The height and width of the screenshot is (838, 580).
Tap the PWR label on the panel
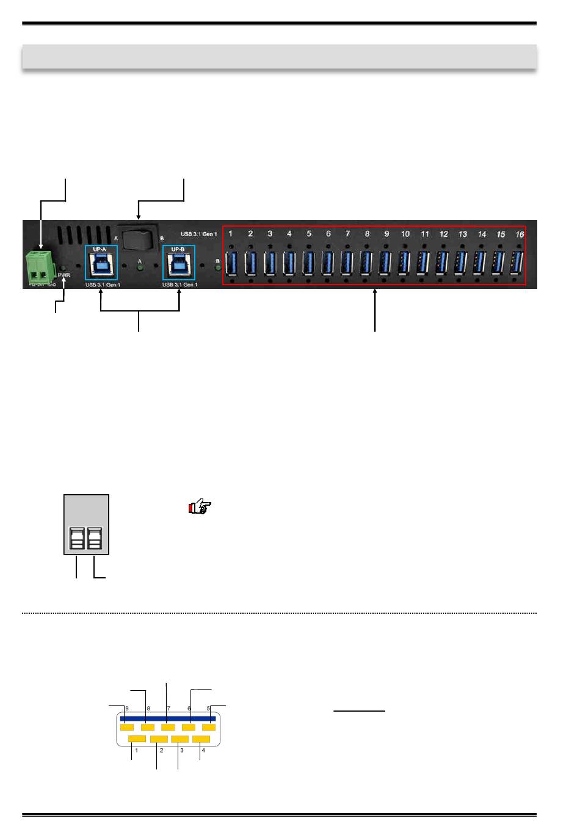(x=64, y=275)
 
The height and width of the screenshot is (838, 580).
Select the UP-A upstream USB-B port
(x=101, y=264)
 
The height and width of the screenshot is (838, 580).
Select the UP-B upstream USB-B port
(x=179, y=264)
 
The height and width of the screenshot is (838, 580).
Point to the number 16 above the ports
(x=520, y=234)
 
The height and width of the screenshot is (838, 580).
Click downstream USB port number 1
(x=231, y=263)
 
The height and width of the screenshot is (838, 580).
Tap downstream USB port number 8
(x=366, y=263)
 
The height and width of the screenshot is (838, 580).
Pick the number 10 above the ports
(x=405, y=234)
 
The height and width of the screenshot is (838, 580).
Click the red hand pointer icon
(x=200, y=507)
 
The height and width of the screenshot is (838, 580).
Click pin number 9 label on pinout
(x=127, y=709)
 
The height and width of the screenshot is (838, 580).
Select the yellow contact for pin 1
(x=137, y=740)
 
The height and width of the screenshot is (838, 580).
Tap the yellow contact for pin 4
(x=201, y=740)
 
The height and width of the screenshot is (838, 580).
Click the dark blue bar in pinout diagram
(x=168, y=719)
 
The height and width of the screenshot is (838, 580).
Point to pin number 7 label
(x=169, y=709)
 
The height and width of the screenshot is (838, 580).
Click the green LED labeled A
(x=139, y=268)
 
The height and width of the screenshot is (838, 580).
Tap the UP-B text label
(x=178, y=249)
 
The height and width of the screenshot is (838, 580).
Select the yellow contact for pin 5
(x=209, y=727)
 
